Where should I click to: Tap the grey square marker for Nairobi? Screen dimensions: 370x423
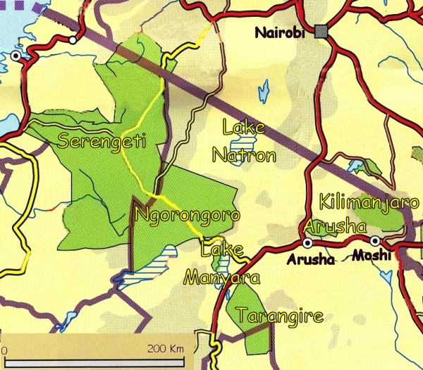[x=322, y=31]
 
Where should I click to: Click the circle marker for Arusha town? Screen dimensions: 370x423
[x=307, y=242]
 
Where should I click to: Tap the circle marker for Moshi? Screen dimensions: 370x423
[x=375, y=241]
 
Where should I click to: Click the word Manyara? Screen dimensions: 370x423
[x=221, y=277]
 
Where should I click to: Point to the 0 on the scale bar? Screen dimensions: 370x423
[x=4, y=350]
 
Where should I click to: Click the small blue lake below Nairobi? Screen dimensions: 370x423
[x=264, y=90]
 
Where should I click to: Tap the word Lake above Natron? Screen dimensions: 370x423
[x=243, y=128]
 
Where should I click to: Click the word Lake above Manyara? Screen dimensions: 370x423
[x=221, y=249]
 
